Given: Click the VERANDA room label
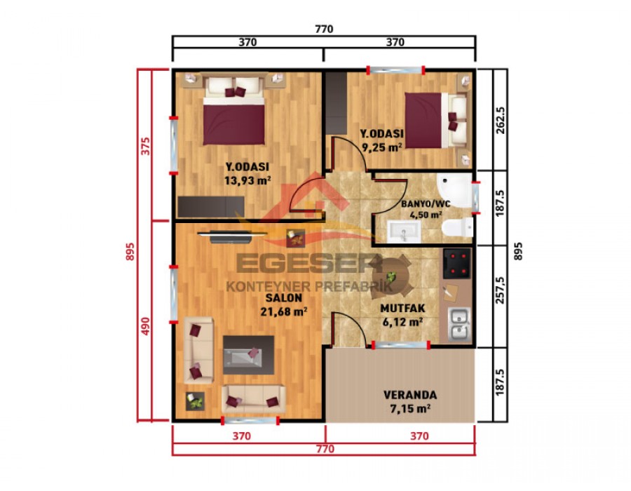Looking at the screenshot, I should pos(410,394).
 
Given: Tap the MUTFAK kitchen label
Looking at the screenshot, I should pos(402,308).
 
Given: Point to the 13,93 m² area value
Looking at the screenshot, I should pos(247,180).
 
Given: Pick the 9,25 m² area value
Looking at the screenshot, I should pos(381,147).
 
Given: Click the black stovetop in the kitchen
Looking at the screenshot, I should pos(457,264).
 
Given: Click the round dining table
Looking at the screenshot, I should pos(393,275).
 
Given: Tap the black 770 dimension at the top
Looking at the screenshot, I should pos(323,29).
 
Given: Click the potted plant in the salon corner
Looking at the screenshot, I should pos(194,402).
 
